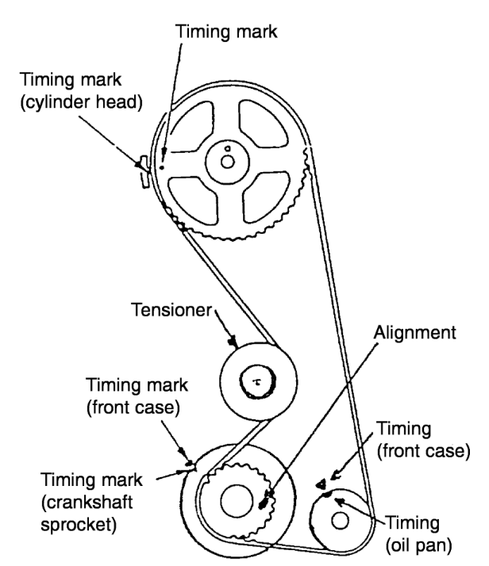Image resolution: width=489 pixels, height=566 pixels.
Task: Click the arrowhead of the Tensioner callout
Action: coord(230,342)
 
